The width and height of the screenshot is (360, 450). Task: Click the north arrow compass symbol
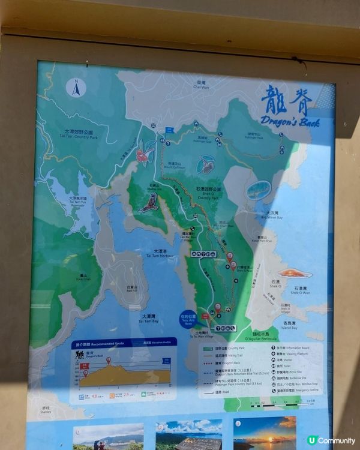(76, 88)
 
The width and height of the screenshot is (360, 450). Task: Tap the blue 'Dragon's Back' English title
(290, 122)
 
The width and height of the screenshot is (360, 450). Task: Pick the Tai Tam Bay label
(149, 318)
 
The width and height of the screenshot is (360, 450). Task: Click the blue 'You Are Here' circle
(188, 318)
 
